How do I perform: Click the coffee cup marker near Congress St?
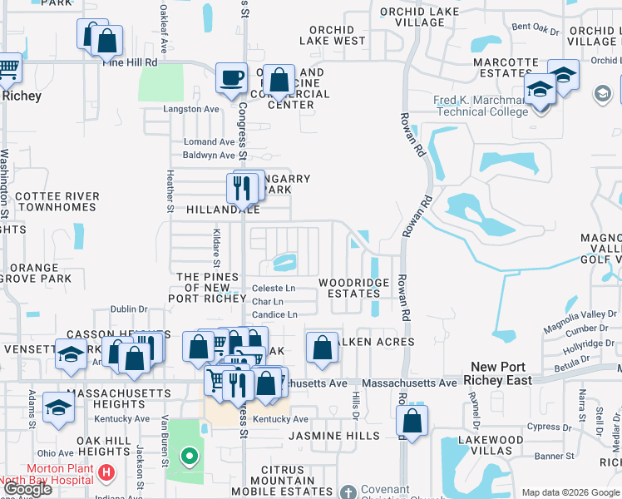point(231,78)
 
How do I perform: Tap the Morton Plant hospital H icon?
point(106,473)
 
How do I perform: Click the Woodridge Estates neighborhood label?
point(353,288)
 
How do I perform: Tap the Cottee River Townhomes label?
point(57,201)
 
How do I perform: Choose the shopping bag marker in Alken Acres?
point(322,348)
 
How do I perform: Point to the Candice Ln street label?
point(274,315)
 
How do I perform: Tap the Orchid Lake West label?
point(332,36)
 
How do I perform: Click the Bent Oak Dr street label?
point(536,28)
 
